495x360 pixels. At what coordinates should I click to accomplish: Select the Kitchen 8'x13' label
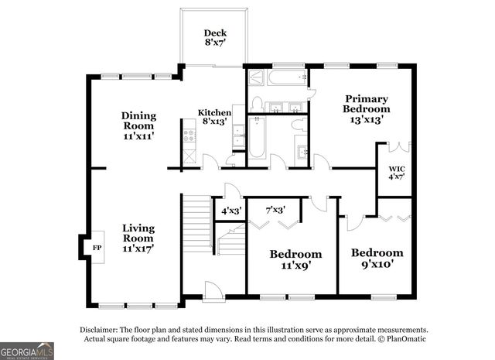[x=214, y=117]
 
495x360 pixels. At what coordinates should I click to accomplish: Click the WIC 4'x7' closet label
[x=397, y=172]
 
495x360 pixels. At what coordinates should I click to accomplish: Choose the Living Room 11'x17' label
[x=138, y=238]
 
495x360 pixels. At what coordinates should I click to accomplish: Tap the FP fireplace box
[x=97, y=247]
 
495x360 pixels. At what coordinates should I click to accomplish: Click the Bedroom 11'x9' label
[x=295, y=259]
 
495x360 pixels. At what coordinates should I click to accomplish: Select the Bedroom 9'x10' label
[x=377, y=258]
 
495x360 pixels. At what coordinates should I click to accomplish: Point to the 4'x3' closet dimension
[x=231, y=210]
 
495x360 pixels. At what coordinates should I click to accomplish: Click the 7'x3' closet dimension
[x=275, y=210]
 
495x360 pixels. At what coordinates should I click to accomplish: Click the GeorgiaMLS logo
[x=27, y=351]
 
